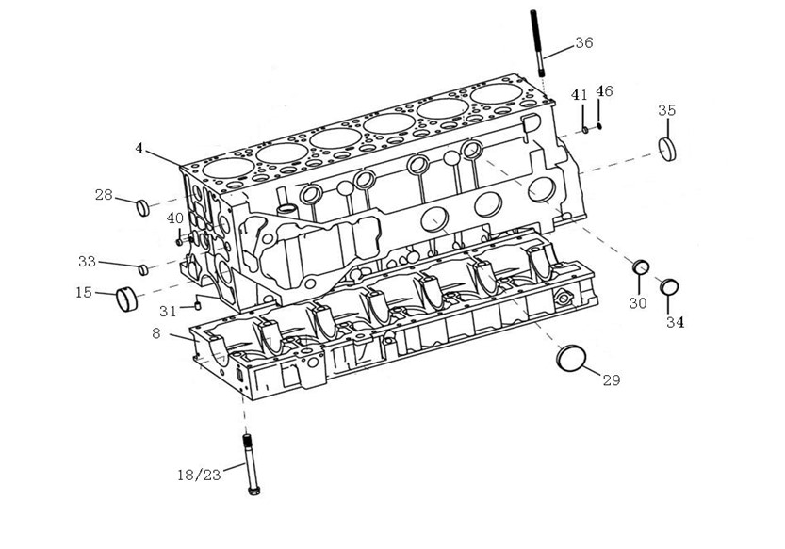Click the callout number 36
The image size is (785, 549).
(x=584, y=42)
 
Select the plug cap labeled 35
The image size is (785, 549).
(x=668, y=148)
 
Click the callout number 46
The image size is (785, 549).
(x=604, y=91)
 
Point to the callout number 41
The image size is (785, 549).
(x=580, y=95)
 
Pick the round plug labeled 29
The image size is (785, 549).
(x=572, y=358)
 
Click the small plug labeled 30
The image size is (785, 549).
(x=640, y=266)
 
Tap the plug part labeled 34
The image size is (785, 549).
(x=670, y=286)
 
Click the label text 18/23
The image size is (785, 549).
(x=199, y=475)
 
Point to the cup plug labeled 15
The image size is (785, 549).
(x=126, y=298)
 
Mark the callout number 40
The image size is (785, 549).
(x=175, y=218)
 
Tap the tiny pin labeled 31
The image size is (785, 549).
(x=199, y=304)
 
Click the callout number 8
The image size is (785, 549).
(x=155, y=332)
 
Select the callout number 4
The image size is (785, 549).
(x=139, y=149)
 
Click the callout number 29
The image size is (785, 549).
(x=611, y=380)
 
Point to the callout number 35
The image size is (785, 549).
(x=666, y=110)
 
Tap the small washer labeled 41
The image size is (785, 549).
(x=585, y=128)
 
